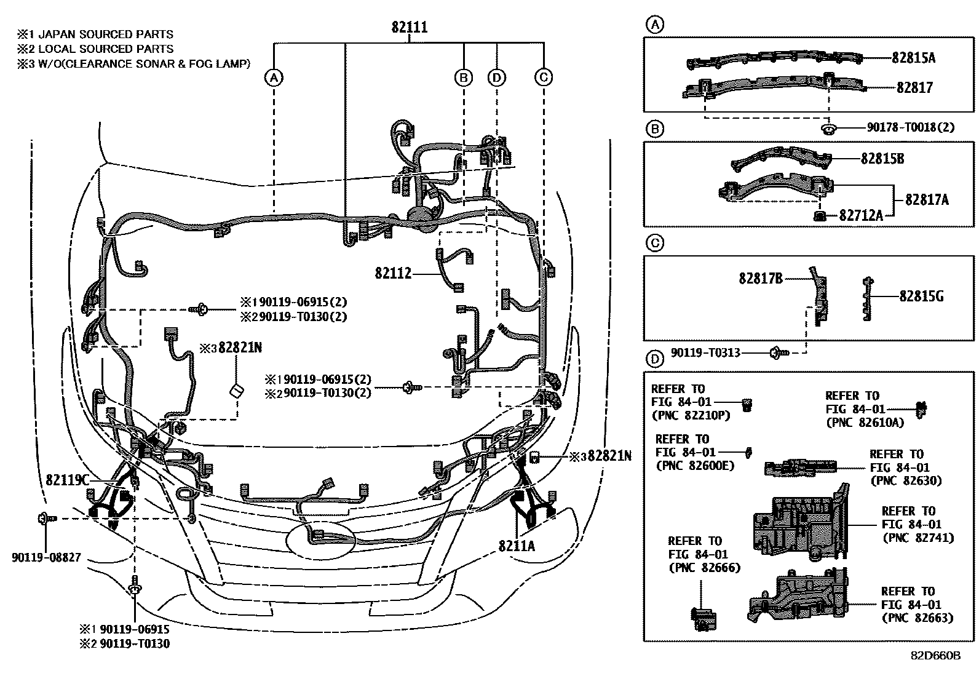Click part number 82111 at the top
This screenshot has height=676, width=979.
(410, 28)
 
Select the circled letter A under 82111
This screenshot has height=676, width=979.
(274, 77)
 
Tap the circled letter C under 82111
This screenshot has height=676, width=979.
(543, 77)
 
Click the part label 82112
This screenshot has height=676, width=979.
(393, 272)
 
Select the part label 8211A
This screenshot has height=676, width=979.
(517, 546)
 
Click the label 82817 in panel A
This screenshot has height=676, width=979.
(914, 87)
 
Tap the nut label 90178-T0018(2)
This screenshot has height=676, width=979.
(911, 127)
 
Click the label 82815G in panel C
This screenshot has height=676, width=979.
(921, 296)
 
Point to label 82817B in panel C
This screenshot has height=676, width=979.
(761, 279)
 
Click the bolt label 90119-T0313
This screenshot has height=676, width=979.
(705, 353)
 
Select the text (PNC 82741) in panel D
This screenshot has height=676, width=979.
(918, 538)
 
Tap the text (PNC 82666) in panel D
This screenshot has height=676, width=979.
(704, 567)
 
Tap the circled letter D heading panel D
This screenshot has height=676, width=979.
(656, 359)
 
